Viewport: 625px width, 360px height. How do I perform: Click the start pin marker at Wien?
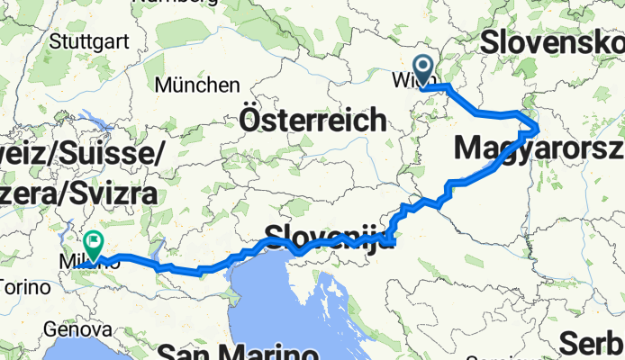coord(421,67)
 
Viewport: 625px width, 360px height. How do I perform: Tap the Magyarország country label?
coord(540,147)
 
